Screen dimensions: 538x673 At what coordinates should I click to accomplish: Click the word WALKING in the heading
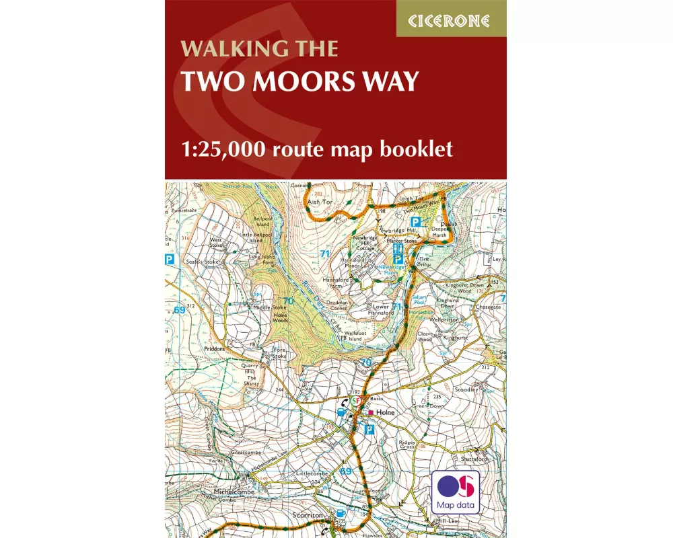(220, 50)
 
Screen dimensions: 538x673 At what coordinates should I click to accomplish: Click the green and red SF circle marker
(357, 401)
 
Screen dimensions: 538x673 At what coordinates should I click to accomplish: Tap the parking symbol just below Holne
(369, 429)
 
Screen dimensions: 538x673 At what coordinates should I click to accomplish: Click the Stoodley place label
(466, 389)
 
